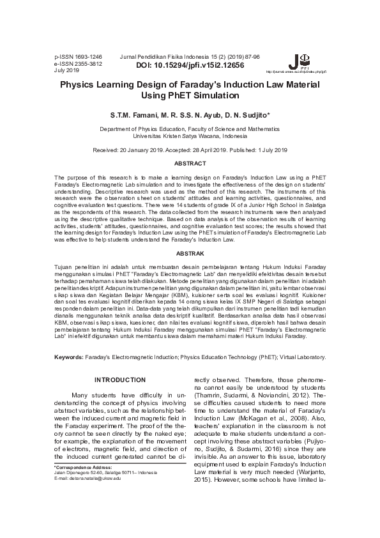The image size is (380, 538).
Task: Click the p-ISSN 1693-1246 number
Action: pyautogui.click(x=78, y=57)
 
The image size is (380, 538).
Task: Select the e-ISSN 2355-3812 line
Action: pyautogui.click(x=78, y=64)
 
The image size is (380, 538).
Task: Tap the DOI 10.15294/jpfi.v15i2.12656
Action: pyautogui.click(x=190, y=65)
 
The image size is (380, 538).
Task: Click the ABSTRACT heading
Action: pyautogui.click(x=190, y=164)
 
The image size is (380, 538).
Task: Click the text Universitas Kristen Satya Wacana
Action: pyautogui.click(x=190, y=136)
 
